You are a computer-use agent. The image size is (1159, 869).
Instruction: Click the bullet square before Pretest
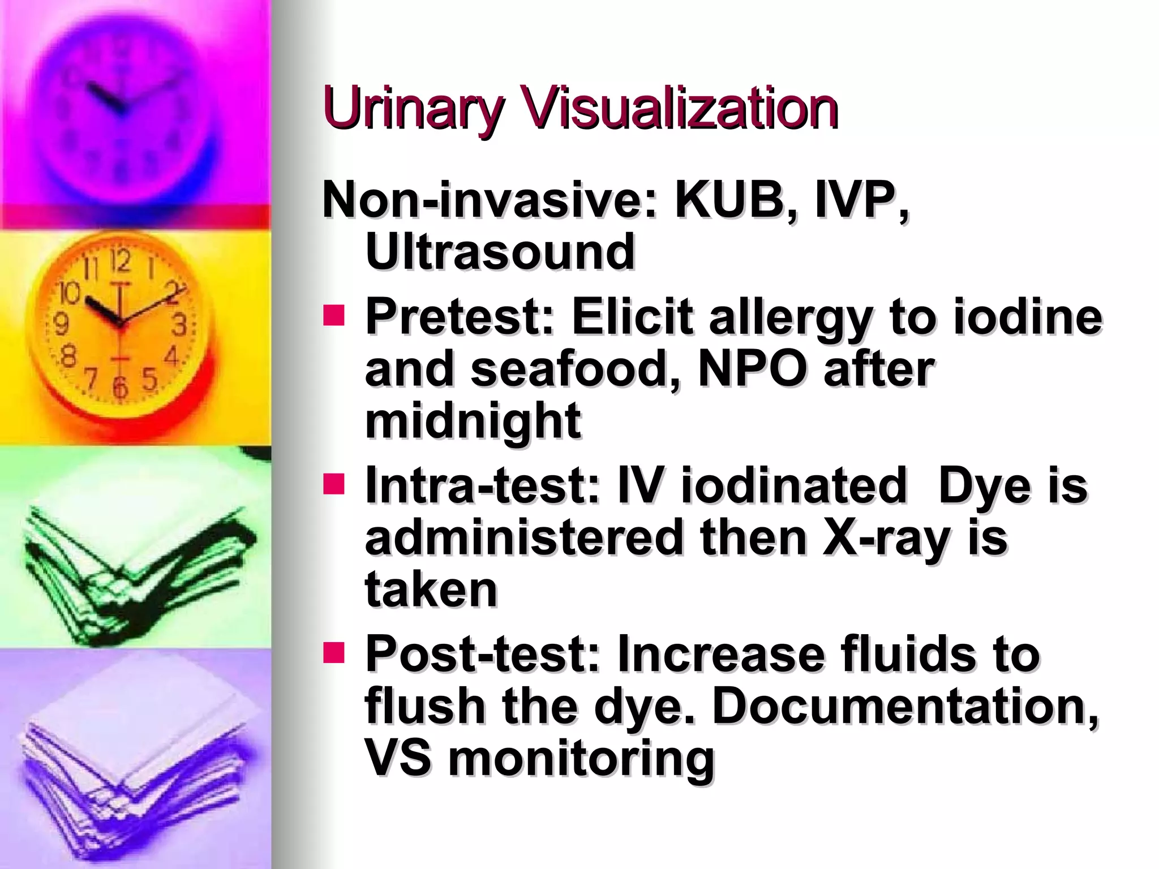(334, 316)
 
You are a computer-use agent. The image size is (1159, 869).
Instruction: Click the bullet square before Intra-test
(334, 484)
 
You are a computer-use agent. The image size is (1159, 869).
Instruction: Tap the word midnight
(473, 421)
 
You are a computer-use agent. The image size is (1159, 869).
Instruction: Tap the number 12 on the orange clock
(121, 261)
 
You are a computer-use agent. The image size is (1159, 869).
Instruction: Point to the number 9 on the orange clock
(61, 324)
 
